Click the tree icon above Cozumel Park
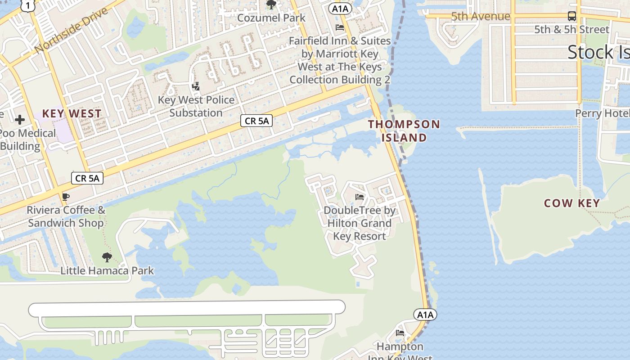click(271, 4)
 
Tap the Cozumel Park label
click(271, 18)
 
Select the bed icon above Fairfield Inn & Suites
click(340, 27)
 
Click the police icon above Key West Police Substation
click(196, 86)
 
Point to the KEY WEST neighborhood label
click(72, 113)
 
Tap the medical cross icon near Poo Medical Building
click(20, 119)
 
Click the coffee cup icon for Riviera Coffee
click(66, 197)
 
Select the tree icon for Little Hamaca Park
click(107, 257)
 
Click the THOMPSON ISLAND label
click(404, 130)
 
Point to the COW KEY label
click(572, 203)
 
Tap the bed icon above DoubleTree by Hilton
click(359, 197)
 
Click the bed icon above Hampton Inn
click(400, 333)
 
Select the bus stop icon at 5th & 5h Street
click(571, 16)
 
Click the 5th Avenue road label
click(481, 17)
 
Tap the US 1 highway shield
click(28, 5)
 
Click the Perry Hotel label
click(602, 113)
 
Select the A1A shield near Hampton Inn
click(425, 315)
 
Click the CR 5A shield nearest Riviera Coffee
click(87, 178)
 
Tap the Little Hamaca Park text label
click(107, 271)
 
